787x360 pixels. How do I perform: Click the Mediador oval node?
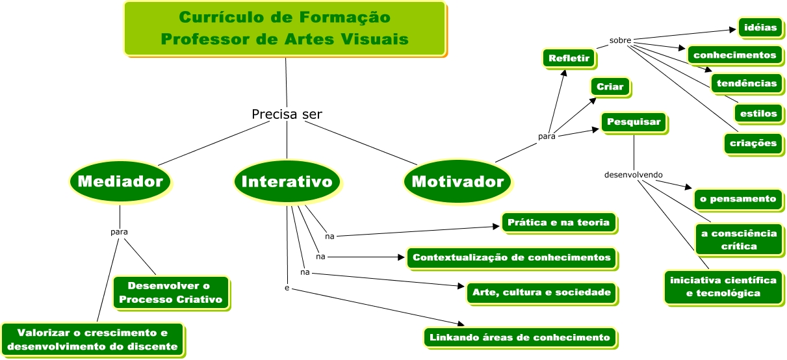[120, 181]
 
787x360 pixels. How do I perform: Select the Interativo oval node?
[287, 181]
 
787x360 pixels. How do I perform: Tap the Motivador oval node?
[458, 181]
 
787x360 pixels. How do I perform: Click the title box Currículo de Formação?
[285, 29]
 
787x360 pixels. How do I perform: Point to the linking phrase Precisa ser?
[287, 114]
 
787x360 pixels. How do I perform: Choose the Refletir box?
[569, 58]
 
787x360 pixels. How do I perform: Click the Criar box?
[610, 87]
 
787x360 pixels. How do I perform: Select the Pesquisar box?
[633, 122]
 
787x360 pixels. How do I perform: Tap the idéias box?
[758, 27]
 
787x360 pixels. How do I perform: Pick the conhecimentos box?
[734, 55]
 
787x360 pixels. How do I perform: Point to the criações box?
[753, 143]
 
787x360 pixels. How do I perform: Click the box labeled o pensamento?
[738, 199]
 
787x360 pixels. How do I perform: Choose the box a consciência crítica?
[736, 240]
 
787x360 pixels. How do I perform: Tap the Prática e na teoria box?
[558, 223]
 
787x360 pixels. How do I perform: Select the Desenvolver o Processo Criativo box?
[170, 292]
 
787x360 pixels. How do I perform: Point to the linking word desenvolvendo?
[633, 175]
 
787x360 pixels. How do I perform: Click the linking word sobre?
[620, 40]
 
